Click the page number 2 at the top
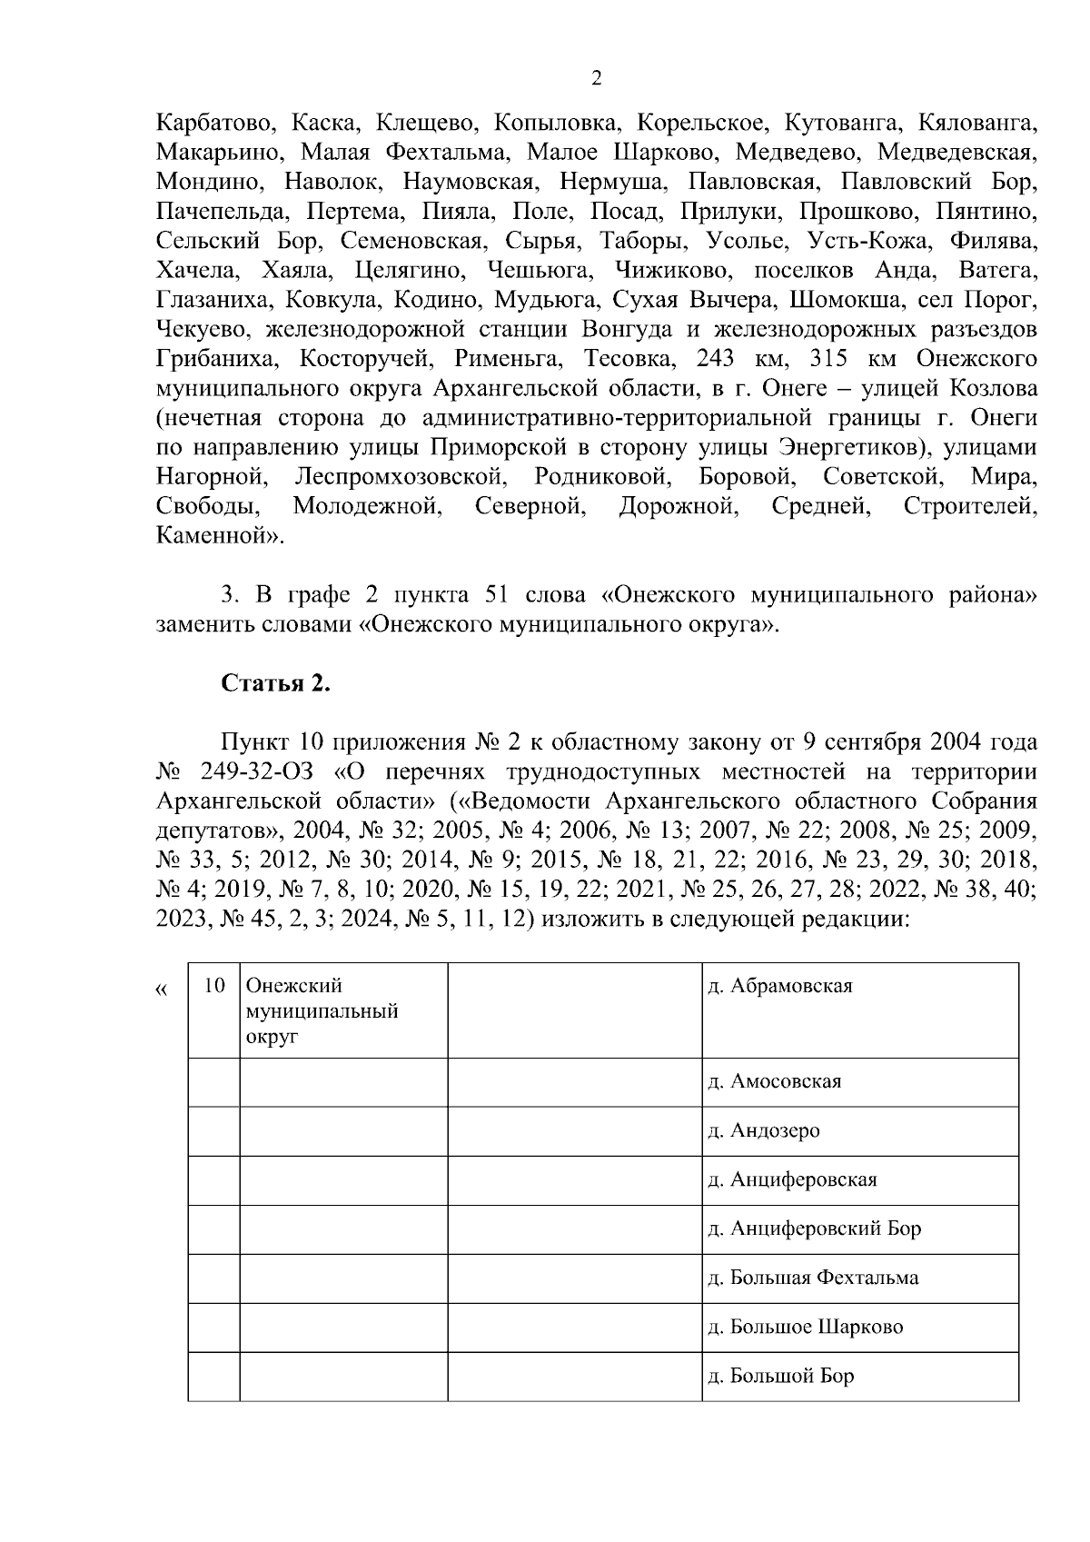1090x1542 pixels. [x=596, y=79]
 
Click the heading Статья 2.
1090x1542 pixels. [x=276, y=683]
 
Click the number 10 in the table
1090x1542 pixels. [x=214, y=986]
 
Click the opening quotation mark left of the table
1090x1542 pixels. [x=163, y=990]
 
